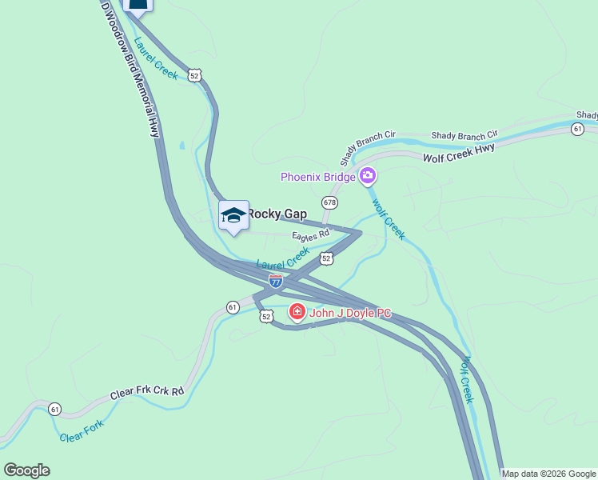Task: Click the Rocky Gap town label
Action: point(277,214)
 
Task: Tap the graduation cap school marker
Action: point(233,216)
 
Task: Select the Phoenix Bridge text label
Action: point(317,177)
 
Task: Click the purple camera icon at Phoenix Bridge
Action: point(368,176)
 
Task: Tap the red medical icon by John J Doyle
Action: point(297,312)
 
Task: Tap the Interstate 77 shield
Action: point(275,281)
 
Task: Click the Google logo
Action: point(26,470)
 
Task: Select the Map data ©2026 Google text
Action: point(549,474)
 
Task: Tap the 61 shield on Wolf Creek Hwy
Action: point(577,128)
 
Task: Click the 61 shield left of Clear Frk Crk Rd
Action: point(54,409)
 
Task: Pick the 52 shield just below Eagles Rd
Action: point(325,258)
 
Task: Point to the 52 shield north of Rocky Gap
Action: point(195,75)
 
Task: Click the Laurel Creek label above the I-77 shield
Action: point(282,258)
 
